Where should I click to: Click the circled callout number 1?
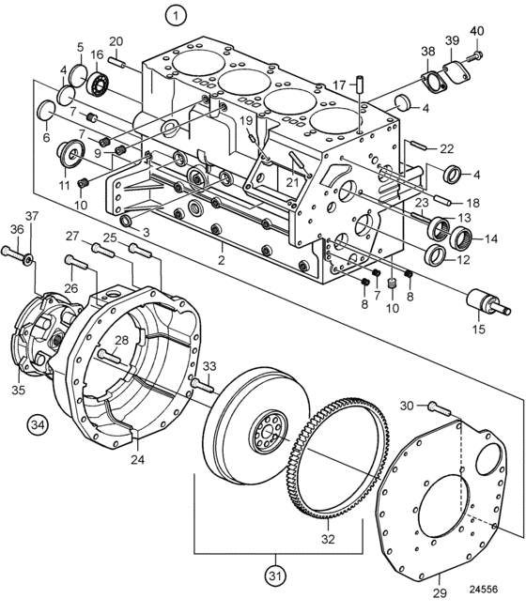[176, 16]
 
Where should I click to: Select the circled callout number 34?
[38, 425]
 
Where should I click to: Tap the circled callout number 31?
[275, 576]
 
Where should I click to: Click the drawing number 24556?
[484, 590]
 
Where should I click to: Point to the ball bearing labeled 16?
[97, 83]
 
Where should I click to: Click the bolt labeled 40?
[474, 56]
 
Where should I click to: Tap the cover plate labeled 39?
[456, 72]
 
